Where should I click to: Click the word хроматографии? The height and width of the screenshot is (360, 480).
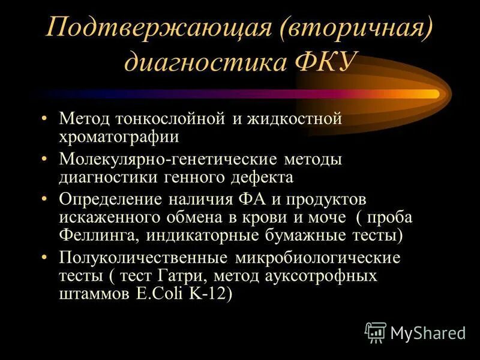(118, 136)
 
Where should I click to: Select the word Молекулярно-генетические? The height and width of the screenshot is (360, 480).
(166, 160)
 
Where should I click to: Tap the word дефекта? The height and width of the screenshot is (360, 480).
(262, 177)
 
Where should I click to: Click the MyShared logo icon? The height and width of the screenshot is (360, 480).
(376, 332)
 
